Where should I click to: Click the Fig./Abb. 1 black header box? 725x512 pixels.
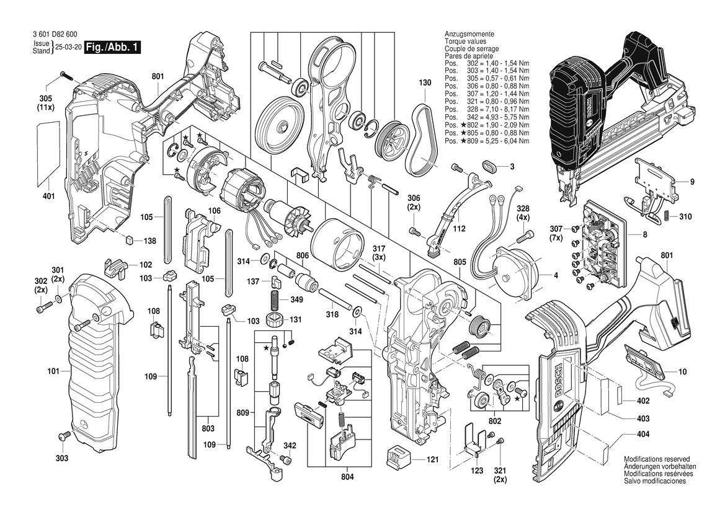tap(113, 47)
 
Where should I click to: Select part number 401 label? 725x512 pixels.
tap(49, 196)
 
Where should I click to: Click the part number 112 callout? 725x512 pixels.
tap(459, 229)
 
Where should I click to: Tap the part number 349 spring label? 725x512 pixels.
tap(296, 301)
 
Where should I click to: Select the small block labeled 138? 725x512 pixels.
tap(128, 241)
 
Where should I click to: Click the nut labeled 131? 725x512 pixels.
tap(274, 321)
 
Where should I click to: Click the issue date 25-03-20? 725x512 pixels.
tap(68, 47)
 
